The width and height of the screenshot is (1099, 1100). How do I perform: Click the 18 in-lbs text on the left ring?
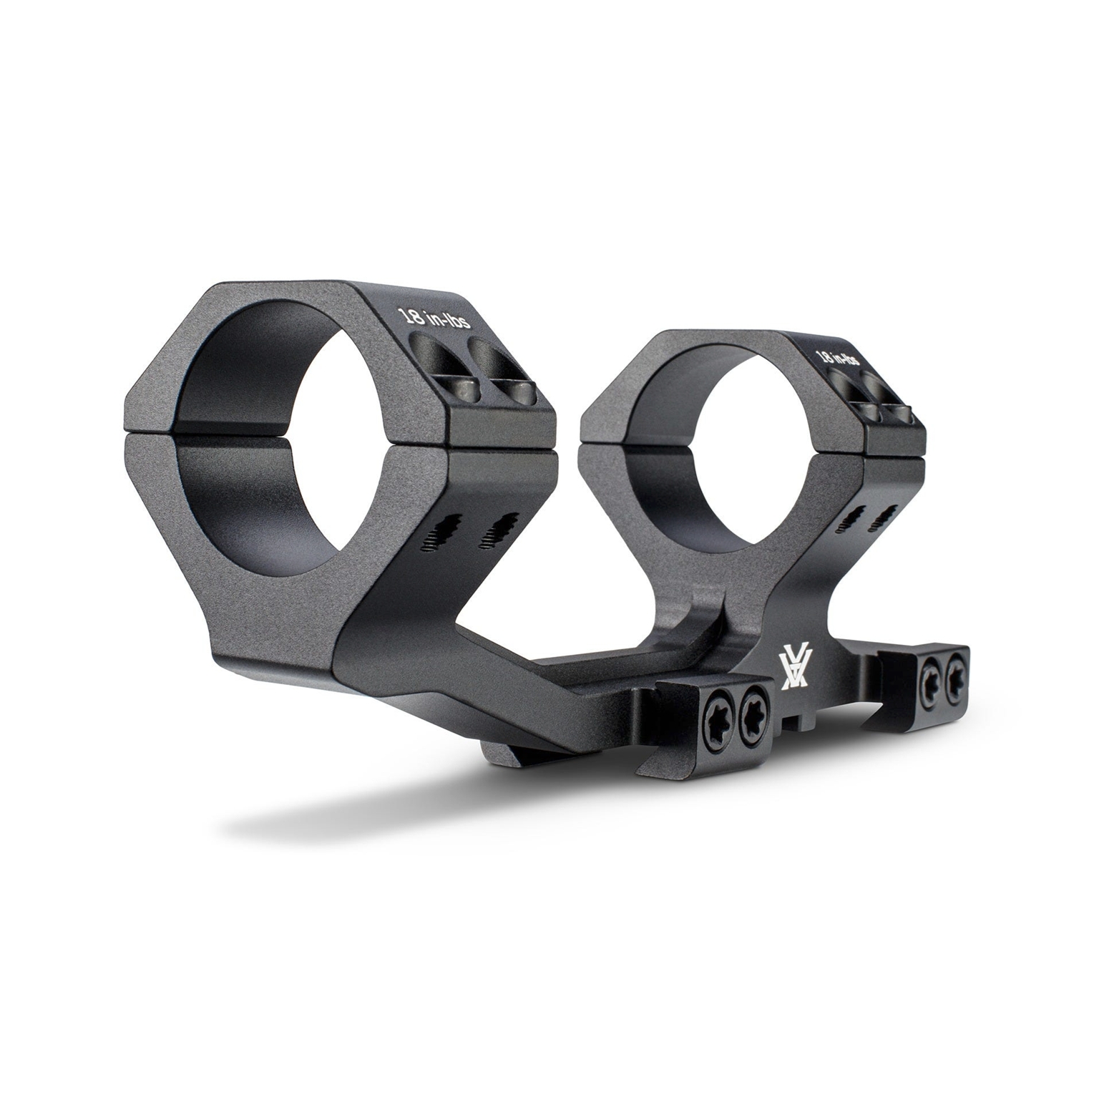(x=434, y=318)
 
